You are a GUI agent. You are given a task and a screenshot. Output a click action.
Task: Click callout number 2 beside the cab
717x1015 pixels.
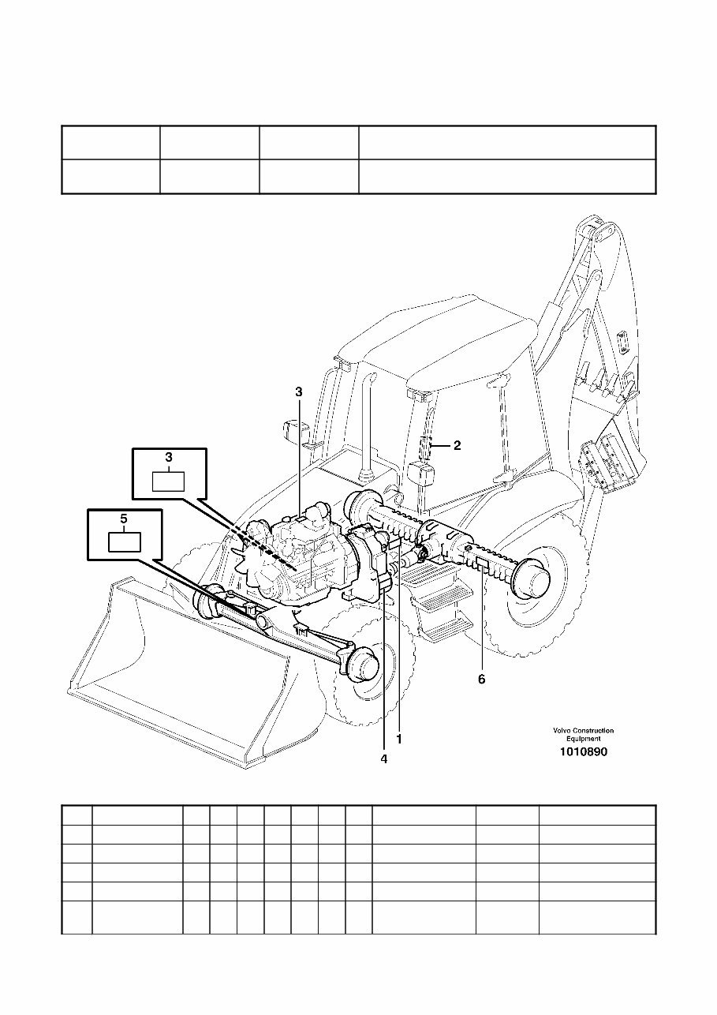(x=457, y=445)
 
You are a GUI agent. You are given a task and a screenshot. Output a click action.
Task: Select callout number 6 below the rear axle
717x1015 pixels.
(x=481, y=678)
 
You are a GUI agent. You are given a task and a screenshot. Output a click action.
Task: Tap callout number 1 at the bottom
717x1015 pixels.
(x=399, y=740)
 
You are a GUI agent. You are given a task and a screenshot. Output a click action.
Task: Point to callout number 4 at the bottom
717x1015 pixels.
(x=383, y=759)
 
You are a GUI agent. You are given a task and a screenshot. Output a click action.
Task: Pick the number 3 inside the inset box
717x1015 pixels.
(x=168, y=458)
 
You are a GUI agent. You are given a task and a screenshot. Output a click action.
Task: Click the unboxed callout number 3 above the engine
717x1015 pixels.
(x=299, y=391)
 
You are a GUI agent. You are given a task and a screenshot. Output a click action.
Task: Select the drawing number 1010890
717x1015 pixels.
(x=583, y=752)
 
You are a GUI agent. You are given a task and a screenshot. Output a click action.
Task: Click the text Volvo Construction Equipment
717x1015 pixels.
(x=583, y=735)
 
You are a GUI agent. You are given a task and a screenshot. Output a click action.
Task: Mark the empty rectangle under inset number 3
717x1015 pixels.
(x=168, y=480)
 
